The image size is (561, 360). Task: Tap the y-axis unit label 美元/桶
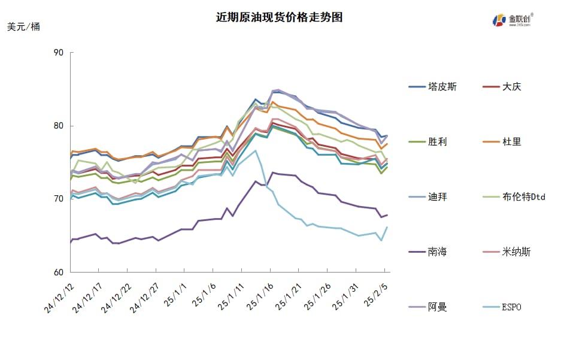[x=24, y=27]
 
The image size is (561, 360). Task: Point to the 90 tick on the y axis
[x=59, y=53]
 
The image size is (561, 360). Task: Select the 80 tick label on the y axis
[x=59, y=126]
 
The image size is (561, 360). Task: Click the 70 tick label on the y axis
[x=59, y=199]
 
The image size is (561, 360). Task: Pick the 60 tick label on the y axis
[x=59, y=272]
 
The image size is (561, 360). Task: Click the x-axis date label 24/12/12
[x=59, y=299]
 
